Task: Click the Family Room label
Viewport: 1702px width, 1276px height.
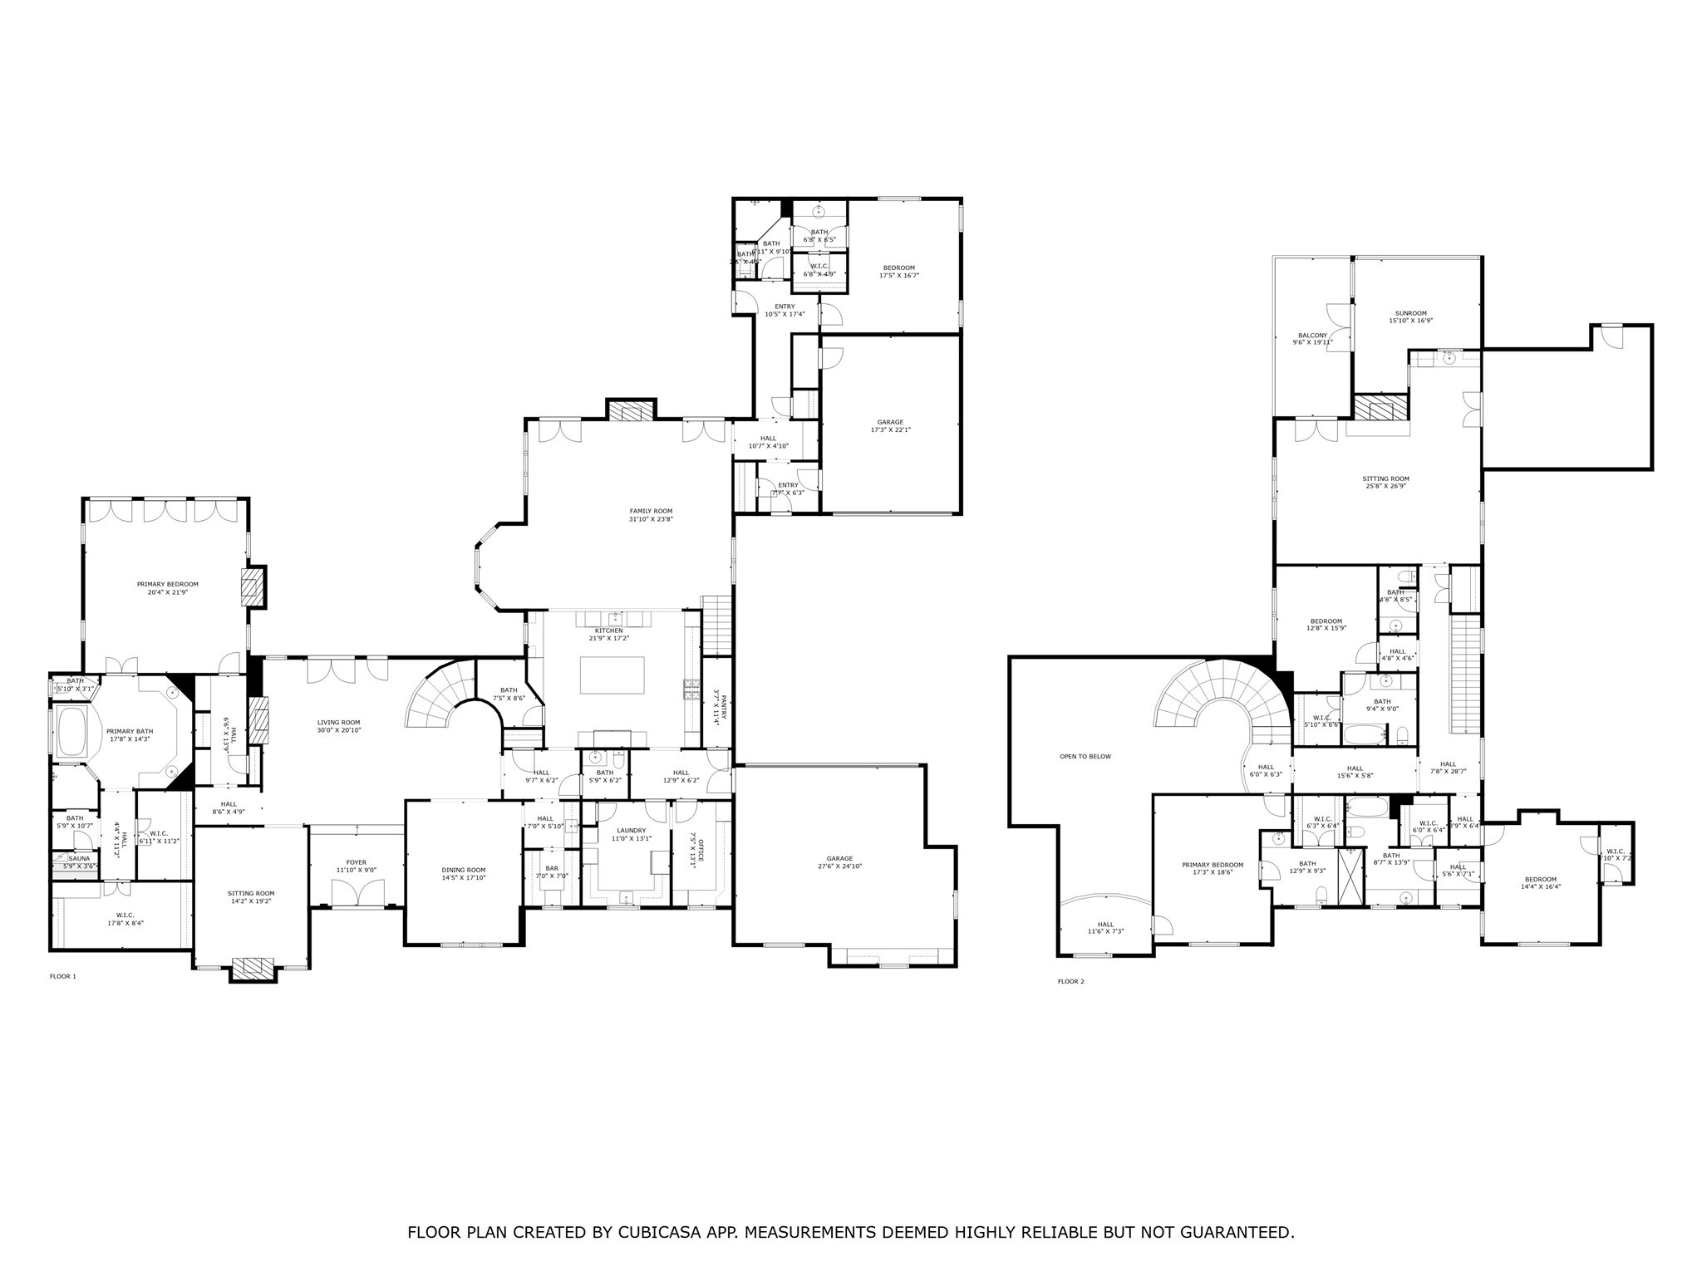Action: [650, 511]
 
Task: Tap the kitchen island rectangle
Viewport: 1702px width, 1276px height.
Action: [612, 675]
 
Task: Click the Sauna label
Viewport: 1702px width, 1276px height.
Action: [79, 858]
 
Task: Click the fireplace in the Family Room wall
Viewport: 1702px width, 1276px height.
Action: [631, 412]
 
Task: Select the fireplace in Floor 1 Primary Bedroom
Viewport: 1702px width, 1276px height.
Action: [252, 588]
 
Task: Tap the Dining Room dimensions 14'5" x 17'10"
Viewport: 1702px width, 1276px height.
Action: [464, 877]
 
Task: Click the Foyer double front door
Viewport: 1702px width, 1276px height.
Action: [357, 895]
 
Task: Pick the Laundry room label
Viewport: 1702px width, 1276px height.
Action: [632, 830]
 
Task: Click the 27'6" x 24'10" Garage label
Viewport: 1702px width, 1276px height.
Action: [839, 858]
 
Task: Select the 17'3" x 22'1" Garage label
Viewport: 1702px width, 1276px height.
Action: [890, 422]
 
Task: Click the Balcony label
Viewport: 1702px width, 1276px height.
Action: [1312, 336]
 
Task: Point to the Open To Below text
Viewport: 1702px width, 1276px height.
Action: [1085, 757]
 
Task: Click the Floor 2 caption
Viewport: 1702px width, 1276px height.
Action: [1070, 981]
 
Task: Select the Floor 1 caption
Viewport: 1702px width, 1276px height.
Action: [62, 976]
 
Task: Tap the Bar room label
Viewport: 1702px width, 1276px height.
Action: [552, 868]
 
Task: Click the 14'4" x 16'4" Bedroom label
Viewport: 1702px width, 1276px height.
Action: [1540, 880]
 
